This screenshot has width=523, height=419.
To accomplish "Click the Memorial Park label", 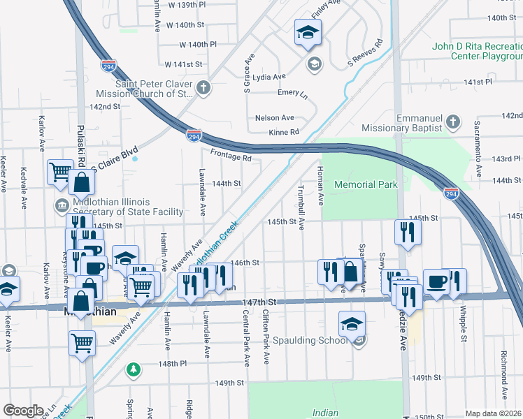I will [366, 184].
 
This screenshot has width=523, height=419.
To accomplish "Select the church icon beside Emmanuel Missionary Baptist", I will [453, 122].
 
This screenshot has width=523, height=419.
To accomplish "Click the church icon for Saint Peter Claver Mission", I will [203, 88].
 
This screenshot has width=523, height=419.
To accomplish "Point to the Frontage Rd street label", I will [230, 159].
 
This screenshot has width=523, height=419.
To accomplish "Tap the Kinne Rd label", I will [283, 132].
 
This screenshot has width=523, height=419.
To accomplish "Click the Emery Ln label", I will [292, 92].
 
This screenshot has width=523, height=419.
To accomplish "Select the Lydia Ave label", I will [269, 77].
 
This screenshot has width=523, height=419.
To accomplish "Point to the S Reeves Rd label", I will [367, 54].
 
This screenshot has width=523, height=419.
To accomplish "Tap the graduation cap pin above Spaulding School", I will [352, 323].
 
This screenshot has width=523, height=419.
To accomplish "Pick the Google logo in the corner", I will [23, 411].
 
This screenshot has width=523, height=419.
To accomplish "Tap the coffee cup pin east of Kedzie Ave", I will [436, 281].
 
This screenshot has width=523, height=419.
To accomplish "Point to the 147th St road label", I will [260, 302].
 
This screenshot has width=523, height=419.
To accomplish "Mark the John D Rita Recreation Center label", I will [477, 51].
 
